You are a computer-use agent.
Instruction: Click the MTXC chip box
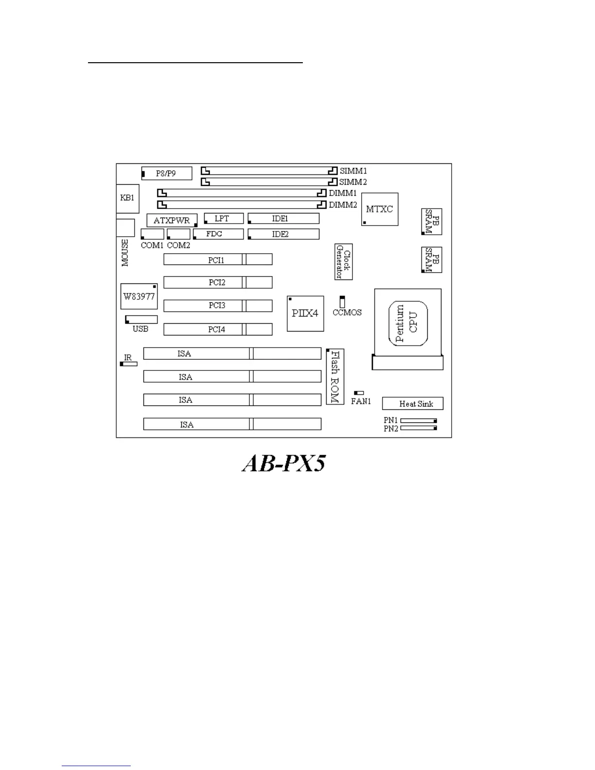click(380, 209)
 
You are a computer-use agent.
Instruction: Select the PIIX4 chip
click(305, 314)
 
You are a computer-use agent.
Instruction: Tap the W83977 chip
click(139, 296)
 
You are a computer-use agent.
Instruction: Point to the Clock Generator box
click(343, 262)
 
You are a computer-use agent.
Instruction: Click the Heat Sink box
click(412, 403)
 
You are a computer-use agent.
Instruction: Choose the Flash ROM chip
click(335, 377)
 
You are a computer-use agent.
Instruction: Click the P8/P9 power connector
click(166, 173)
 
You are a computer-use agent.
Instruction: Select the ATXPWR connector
click(172, 220)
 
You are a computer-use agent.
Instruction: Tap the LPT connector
click(223, 219)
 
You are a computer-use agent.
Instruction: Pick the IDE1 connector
click(283, 219)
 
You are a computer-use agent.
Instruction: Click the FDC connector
click(218, 234)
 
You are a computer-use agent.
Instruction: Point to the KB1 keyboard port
click(127, 198)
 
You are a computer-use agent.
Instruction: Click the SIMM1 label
click(353, 171)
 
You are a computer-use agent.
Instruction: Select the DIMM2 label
click(343, 205)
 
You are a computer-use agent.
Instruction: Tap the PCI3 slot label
click(217, 305)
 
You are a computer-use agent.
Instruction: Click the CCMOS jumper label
click(347, 313)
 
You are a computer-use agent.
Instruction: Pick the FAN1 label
click(361, 402)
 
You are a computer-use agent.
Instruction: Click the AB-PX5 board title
click(284, 464)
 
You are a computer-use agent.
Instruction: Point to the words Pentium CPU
click(407, 323)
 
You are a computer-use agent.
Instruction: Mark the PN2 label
click(391, 429)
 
